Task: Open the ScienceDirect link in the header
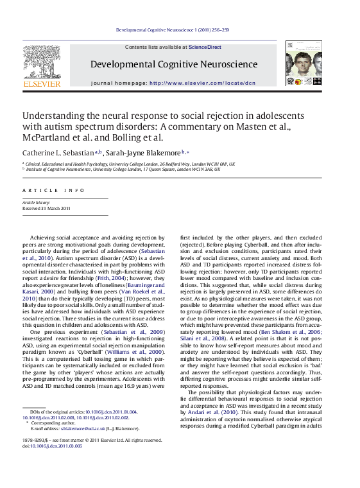click(x=205, y=47)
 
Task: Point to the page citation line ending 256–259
click(x=181, y=30)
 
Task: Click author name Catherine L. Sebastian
click(x=58, y=153)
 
